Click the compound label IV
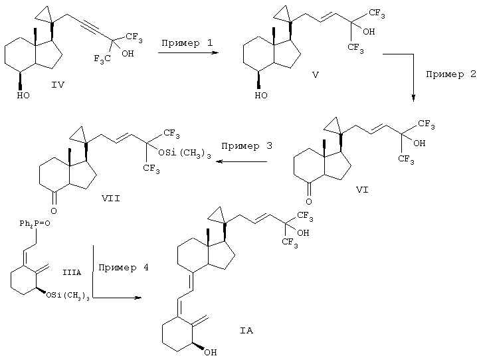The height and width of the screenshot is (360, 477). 58,84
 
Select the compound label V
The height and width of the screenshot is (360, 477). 316,75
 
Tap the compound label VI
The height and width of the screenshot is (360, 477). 362,190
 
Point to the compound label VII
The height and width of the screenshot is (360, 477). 111,199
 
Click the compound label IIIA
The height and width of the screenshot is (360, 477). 72,272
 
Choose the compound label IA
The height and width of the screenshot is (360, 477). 246,331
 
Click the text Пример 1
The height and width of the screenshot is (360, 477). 187,43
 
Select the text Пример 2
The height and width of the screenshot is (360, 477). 451,74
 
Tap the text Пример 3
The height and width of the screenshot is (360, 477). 246,146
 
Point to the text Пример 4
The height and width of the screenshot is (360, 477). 124,268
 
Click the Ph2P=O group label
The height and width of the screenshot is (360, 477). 35,224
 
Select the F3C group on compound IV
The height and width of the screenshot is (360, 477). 102,58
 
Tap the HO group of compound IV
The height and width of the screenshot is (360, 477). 23,96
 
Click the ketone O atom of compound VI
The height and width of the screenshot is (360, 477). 309,202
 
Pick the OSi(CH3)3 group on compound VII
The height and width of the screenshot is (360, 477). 185,153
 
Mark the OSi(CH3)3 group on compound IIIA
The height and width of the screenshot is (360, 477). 68,296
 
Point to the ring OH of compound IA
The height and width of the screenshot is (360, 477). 211,353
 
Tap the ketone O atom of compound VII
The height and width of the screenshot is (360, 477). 54,211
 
